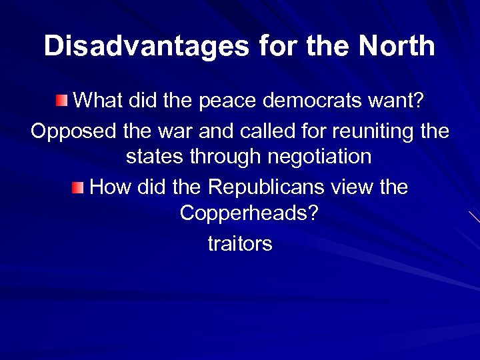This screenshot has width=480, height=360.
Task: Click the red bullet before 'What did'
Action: pos(62,101)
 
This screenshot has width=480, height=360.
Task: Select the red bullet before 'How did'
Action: pos(79,187)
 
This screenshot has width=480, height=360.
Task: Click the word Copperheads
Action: pos(248,214)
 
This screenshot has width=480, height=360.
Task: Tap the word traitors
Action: pos(240,243)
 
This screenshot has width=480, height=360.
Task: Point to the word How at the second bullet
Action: pos(110,187)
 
